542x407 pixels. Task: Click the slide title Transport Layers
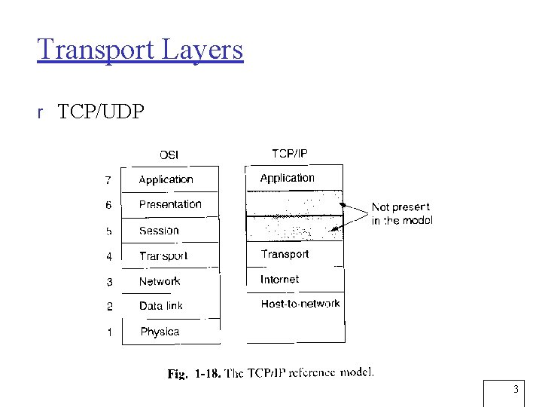coord(140,49)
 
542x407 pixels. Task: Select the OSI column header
coord(169,155)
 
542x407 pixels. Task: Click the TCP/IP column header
coord(290,154)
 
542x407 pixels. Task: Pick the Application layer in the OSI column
coord(166,179)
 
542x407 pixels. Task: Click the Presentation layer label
coord(170,204)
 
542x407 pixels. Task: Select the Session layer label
coord(159,231)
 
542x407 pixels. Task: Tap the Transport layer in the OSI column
coord(163,256)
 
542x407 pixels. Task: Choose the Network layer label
coord(160,281)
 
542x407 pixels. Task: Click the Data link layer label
coord(161,306)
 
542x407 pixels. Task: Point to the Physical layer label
coord(160,332)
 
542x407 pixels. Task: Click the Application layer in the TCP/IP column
coord(287,178)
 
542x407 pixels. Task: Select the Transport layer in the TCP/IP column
coord(285,254)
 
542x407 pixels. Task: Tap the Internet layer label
coord(279,279)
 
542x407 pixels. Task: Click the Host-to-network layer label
coord(300,304)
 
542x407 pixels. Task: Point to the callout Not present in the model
coord(401,213)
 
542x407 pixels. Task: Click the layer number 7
coord(108,180)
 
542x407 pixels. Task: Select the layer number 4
coord(109,257)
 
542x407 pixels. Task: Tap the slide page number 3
coord(516,390)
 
